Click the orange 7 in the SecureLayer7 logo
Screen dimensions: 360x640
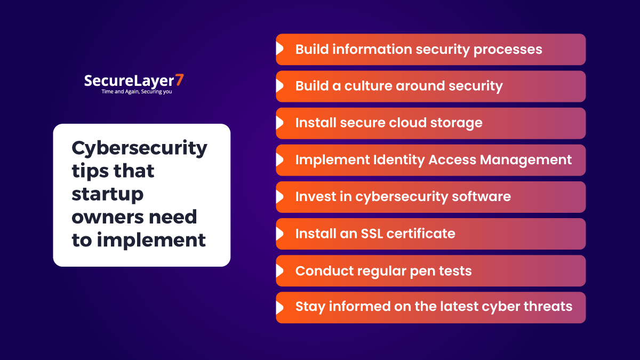[x=180, y=81]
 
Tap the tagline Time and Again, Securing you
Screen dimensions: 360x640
[x=137, y=91]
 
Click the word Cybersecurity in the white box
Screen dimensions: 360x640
[x=139, y=148]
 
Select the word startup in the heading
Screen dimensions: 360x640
[x=108, y=194]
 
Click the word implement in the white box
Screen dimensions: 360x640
[x=151, y=240]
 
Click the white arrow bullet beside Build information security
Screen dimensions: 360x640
[x=279, y=49]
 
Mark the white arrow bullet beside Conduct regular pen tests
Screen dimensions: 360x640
[x=279, y=270]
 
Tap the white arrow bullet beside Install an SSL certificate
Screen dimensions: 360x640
[x=279, y=234]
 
